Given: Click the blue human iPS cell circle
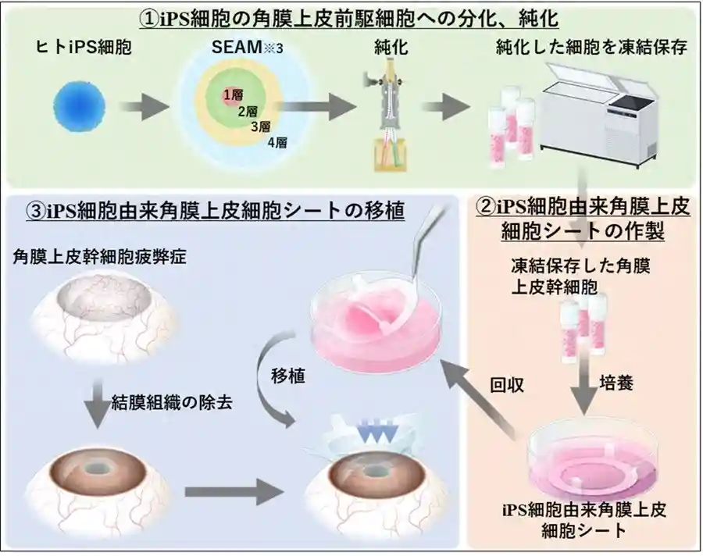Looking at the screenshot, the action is pyautogui.click(x=80, y=107).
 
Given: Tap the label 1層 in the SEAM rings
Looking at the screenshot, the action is pyautogui.click(x=233, y=94).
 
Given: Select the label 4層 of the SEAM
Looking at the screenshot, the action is pyautogui.click(x=277, y=143).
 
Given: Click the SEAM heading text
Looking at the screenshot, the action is pyautogui.click(x=247, y=47).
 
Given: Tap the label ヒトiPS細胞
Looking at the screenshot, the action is pyautogui.click(x=84, y=47).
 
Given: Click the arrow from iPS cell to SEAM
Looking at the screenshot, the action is pyautogui.click(x=144, y=107).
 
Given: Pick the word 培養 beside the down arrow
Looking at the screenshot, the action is pyautogui.click(x=616, y=383).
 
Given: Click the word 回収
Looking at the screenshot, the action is pyautogui.click(x=507, y=385).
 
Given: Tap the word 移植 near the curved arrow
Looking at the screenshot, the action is pyautogui.click(x=287, y=376).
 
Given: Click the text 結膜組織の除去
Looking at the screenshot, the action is pyautogui.click(x=172, y=403).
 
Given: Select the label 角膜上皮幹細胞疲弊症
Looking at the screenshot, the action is pyautogui.click(x=99, y=258).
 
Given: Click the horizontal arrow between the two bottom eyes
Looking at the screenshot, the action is pyautogui.click(x=234, y=492).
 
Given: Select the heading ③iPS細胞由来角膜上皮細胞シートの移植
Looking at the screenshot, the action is pyautogui.click(x=216, y=212).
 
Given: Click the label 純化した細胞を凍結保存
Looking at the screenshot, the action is pyautogui.click(x=592, y=48).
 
